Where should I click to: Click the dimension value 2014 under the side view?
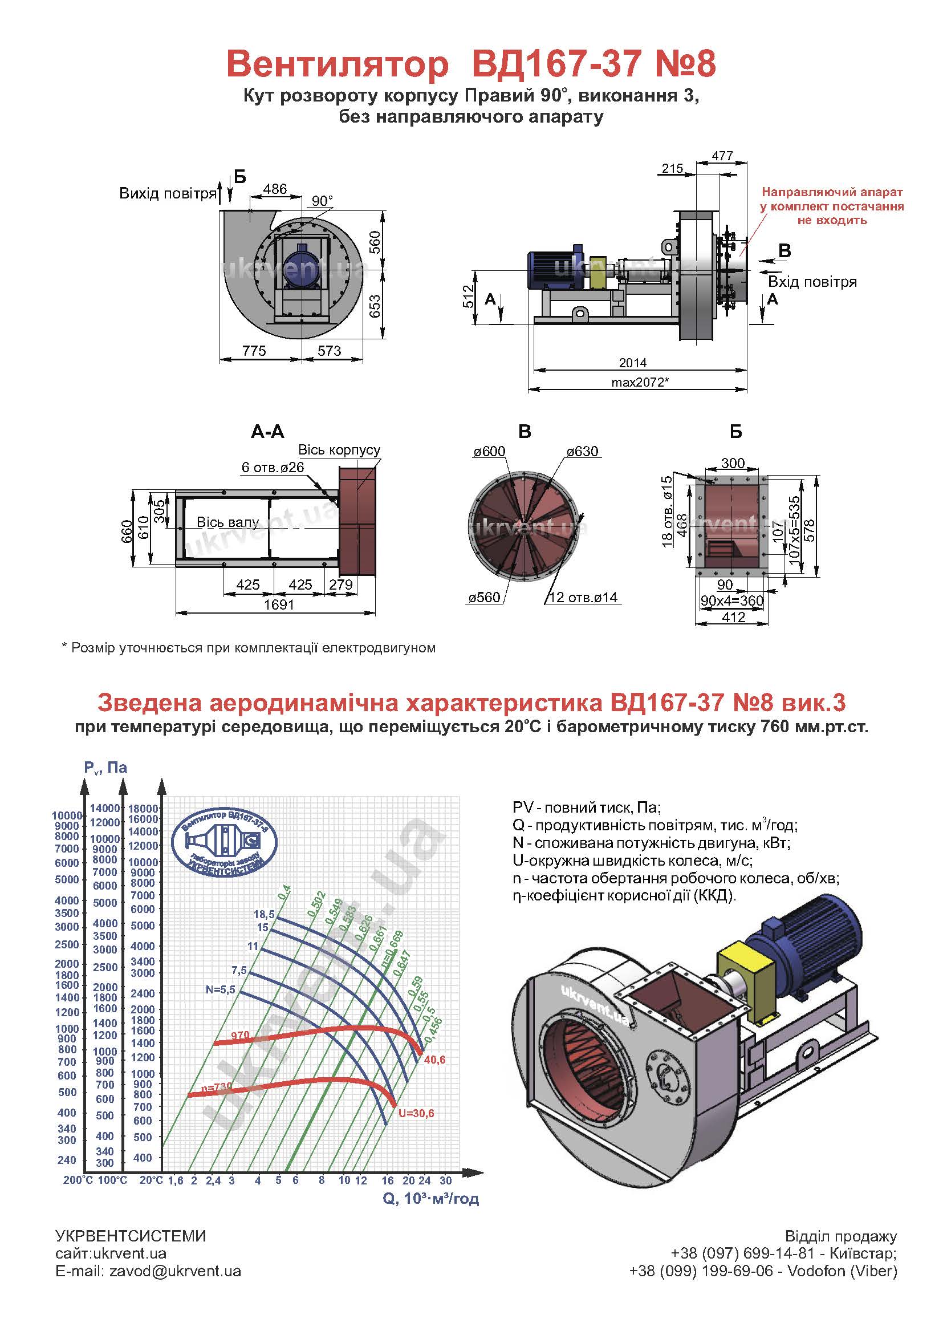(632, 363)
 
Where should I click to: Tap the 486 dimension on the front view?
(275, 189)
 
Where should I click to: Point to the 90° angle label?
(322, 201)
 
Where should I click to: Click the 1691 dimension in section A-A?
(279, 605)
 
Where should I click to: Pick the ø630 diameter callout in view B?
(583, 451)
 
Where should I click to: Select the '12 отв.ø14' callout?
(583, 598)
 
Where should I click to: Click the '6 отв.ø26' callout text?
(273, 468)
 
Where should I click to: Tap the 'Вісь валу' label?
(227, 522)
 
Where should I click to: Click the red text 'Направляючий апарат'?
(832, 192)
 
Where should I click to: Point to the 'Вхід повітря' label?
(812, 282)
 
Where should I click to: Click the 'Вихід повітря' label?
(168, 193)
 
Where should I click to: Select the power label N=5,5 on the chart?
(220, 989)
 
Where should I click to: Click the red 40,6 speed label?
(435, 1060)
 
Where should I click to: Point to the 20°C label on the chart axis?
(151, 1180)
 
